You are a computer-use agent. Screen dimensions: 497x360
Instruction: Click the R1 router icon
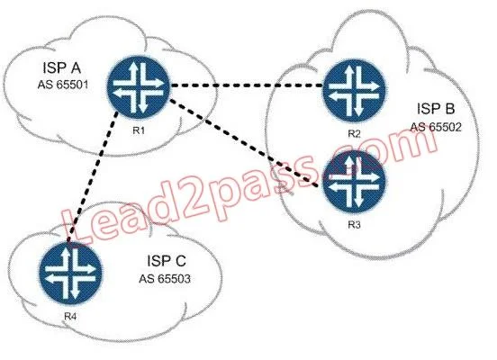tap(139, 87)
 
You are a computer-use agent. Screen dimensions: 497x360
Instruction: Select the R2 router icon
tap(354, 90)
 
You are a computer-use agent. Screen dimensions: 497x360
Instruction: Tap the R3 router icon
tap(354, 181)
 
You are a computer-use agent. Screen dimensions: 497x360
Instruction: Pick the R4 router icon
tap(70, 274)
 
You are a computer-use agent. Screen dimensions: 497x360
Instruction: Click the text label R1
tap(139, 130)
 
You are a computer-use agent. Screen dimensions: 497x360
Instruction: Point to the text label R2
tap(354, 133)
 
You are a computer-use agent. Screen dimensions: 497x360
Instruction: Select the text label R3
tap(354, 225)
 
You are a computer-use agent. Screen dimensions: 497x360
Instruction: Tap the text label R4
tap(70, 316)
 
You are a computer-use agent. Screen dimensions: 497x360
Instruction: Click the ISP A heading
tap(62, 67)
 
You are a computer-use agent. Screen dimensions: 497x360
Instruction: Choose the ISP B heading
tap(436, 109)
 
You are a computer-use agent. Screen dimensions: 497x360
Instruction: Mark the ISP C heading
tap(167, 261)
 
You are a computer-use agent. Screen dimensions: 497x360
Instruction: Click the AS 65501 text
tap(63, 85)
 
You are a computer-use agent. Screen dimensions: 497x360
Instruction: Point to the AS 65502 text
tap(436, 127)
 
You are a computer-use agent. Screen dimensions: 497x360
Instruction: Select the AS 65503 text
tap(165, 279)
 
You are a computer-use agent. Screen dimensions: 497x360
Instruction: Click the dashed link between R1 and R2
tap(247, 85)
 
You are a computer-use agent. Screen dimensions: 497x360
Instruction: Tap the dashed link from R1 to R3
tap(244, 143)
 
